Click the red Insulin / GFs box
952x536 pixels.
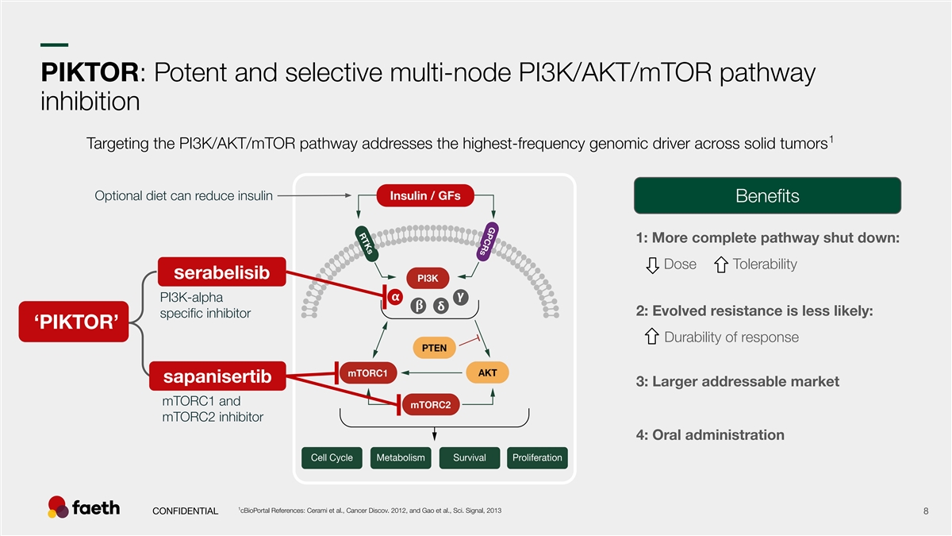[424, 196]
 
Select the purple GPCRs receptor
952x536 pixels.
[489, 241]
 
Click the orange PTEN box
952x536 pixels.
[434, 348]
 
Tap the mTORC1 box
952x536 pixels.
[368, 372]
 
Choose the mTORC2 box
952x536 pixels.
[431, 405]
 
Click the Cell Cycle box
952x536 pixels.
[332, 458]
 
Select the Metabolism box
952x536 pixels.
[401, 458]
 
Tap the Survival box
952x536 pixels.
[469, 458]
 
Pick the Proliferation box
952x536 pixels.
[537, 458]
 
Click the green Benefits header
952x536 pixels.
[767, 195]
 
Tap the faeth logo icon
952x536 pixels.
[59, 507]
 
